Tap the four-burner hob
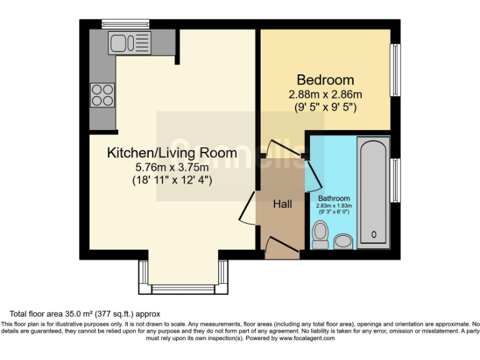(102, 95)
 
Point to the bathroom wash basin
(343, 241)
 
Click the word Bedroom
(325, 80)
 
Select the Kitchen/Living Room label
(172, 152)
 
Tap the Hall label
(282, 204)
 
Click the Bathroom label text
(334, 198)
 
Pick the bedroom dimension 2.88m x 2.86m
(325, 94)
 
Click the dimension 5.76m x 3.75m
(172, 167)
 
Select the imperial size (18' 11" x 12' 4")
(172, 181)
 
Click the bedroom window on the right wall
(395, 71)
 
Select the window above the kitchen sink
(126, 24)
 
